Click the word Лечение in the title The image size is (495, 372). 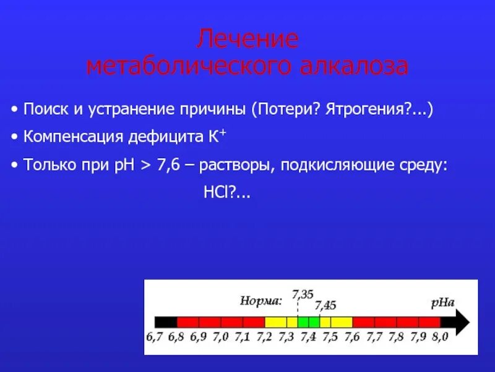pos(247,40)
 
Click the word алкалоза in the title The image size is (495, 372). pos(354,66)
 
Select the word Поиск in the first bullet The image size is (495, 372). pos(44,110)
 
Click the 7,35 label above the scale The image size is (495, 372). pos(303,294)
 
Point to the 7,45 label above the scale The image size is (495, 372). pos(325,304)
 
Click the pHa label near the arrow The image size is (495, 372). pos(443,303)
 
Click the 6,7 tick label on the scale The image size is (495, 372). pos(155,337)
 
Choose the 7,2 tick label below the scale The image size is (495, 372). pos(264,337)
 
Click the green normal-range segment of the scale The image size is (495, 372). pos(308,322)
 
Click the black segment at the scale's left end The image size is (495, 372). pos(166,322)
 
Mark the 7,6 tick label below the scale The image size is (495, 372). pos(351,337)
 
